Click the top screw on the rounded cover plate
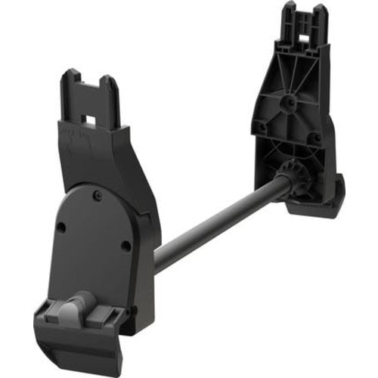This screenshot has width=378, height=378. (98, 195)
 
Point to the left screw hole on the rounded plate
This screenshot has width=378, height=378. (62, 226)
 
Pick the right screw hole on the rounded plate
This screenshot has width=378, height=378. (126, 243)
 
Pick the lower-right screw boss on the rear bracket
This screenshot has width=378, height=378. (311, 138)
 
